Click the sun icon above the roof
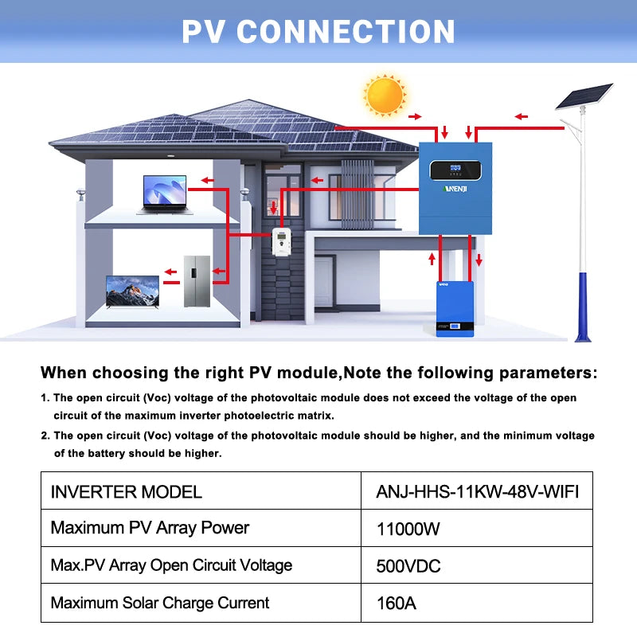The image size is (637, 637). (x=384, y=95)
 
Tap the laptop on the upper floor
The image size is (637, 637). (x=164, y=194)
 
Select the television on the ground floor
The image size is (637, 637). (x=132, y=292)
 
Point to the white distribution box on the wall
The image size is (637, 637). (x=281, y=241)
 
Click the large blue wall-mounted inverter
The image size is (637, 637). (x=455, y=188)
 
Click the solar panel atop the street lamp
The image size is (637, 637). (x=583, y=97)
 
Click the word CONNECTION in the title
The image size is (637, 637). (x=346, y=32)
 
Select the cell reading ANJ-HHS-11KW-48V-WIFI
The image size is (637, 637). (x=477, y=491)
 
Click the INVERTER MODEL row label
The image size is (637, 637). (x=127, y=491)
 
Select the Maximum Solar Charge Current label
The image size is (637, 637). (x=160, y=603)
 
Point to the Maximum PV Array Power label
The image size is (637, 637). (x=150, y=528)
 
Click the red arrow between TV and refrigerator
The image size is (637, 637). (x=171, y=281)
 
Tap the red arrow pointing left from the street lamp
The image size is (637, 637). (x=522, y=117)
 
